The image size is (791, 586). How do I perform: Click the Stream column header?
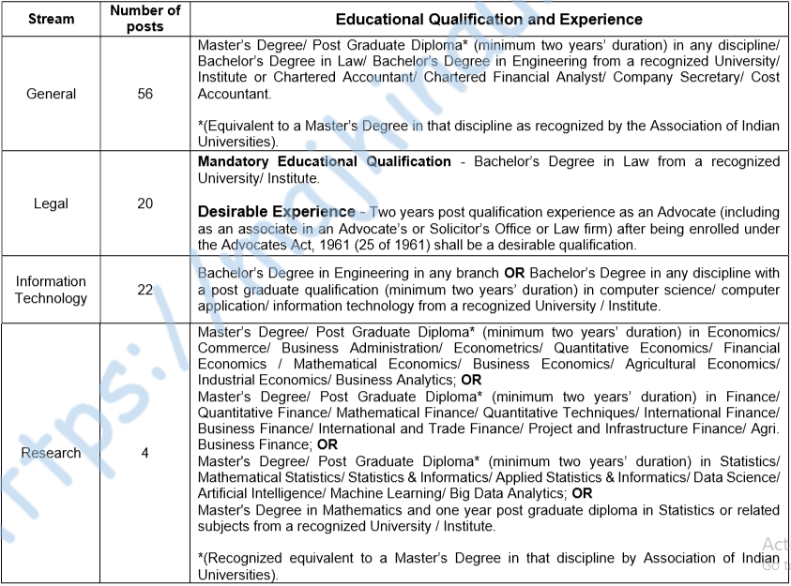point(51,19)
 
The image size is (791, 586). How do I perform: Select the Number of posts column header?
point(145,19)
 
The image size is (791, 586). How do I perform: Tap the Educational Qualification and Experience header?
point(489,19)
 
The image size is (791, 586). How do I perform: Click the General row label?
point(51,94)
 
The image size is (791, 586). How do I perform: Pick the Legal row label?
point(51,203)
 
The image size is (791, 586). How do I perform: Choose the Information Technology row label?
point(51,290)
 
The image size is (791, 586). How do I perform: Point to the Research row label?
point(51,453)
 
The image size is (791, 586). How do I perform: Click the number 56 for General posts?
point(145,94)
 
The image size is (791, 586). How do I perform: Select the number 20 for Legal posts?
point(145,203)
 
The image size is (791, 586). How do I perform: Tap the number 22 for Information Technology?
point(145,290)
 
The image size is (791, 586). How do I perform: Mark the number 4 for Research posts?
point(145,453)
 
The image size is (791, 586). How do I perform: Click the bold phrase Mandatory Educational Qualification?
point(325,161)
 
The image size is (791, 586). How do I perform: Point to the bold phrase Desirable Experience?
point(277,211)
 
